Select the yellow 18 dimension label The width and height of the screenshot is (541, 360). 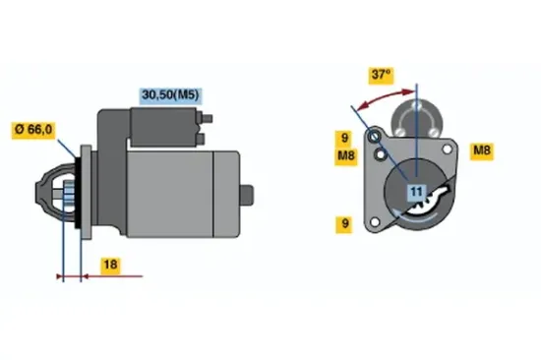111,265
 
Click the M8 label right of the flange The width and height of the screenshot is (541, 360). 482,150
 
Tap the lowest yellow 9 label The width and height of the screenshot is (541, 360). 344,224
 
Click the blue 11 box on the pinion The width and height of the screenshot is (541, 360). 415,192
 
